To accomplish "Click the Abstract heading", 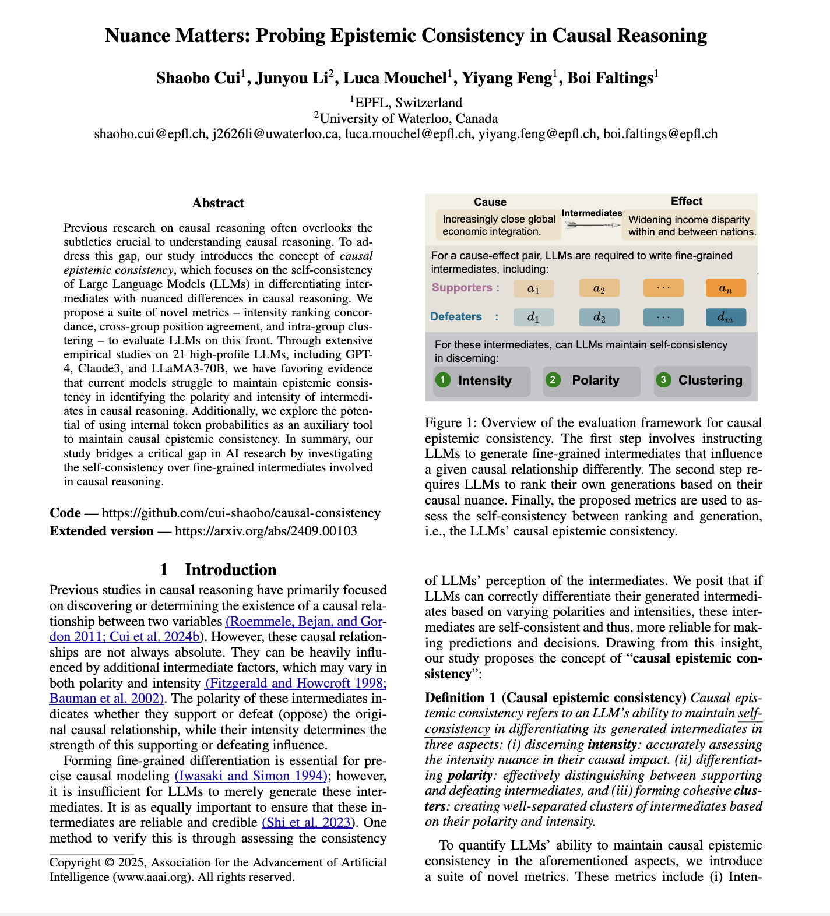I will pos(218,203).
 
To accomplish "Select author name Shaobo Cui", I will pos(198,78).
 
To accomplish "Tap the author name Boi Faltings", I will pos(610,78).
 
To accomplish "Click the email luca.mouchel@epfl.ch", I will pos(407,133).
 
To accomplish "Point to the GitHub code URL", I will pos(241,513).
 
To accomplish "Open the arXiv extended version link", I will pos(266,531).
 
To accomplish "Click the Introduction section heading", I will pos(218,569).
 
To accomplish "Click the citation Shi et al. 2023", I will pos(308,822).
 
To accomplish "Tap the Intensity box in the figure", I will pos(481,381).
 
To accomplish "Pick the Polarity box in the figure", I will pos(591,381).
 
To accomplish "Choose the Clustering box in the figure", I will pos(702,381).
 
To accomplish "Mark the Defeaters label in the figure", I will pos(456,316).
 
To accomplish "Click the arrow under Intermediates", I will pos(592,224).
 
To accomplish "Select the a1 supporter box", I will pos(533,288).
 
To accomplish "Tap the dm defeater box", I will pos(725,317).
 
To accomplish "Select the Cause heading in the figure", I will pos(490,202).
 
